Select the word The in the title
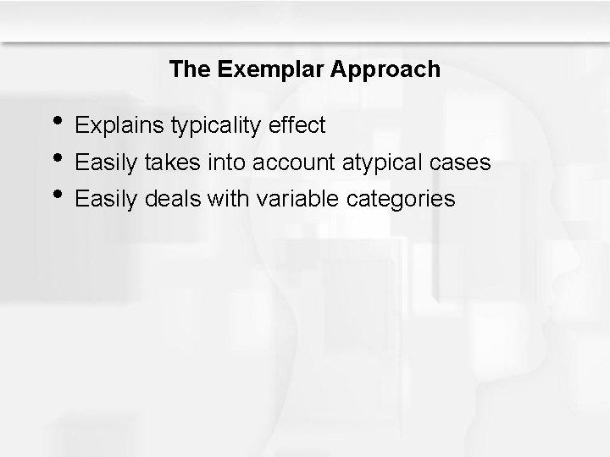190,69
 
